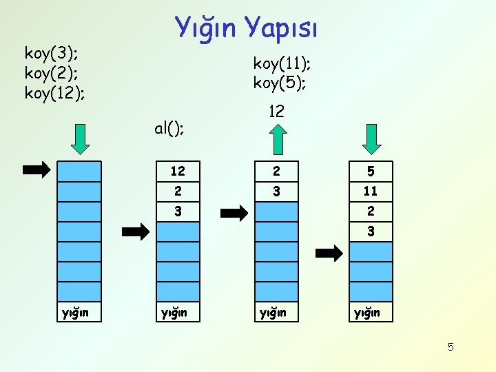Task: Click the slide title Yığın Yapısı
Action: pyautogui.click(x=246, y=27)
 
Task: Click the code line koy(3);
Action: pyautogui.click(x=50, y=52)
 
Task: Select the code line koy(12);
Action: pyautogui.click(x=54, y=92)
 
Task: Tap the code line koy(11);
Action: pyautogui.click(x=282, y=63)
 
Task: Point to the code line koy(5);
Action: pyautogui.click(x=279, y=83)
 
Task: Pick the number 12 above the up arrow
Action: pyautogui.click(x=276, y=111)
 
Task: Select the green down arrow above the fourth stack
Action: pyautogui.click(x=372, y=140)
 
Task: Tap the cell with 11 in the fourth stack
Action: pyautogui.click(x=371, y=191)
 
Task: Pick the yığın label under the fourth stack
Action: pyautogui.click(x=367, y=313)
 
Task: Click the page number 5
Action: pyautogui.click(x=451, y=347)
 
